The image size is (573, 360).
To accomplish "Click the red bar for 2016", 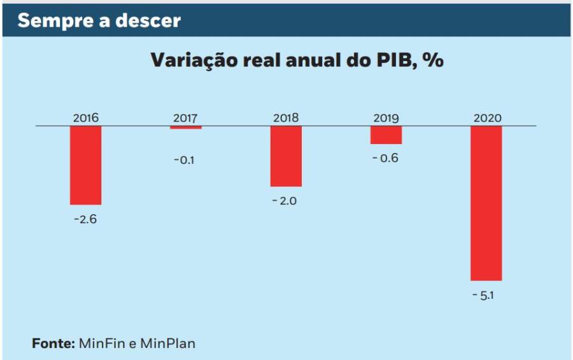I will [x=86, y=165].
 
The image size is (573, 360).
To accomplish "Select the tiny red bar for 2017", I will [x=186, y=128].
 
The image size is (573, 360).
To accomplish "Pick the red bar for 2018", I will [x=286, y=156].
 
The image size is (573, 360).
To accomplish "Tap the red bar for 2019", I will [x=386, y=135].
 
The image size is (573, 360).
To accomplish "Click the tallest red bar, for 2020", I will [x=486, y=203].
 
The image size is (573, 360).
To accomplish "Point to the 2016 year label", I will [x=86, y=118].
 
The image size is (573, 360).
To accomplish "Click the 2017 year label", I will [x=186, y=118].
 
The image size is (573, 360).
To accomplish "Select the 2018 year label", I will [x=286, y=118].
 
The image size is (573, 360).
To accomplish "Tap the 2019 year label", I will [x=386, y=118].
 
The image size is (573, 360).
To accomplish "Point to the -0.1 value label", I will [x=184, y=160].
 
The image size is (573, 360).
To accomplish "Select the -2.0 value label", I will [x=285, y=201].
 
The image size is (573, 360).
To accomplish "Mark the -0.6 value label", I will [x=385, y=158].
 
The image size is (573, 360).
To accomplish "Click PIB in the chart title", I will [x=388, y=61].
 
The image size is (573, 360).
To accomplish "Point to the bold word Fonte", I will [x=53, y=343].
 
